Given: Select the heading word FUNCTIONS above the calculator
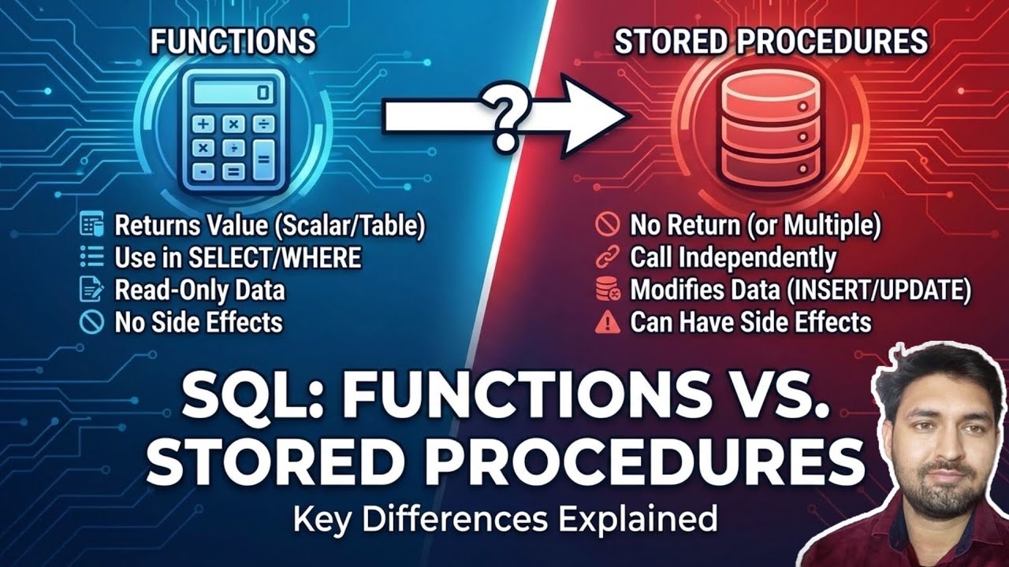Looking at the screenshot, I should coord(233,41).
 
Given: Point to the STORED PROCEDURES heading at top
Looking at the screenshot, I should coord(770,41).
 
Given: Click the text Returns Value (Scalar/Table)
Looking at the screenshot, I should coord(270,226).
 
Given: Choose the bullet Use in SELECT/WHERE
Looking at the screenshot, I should coord(237,258).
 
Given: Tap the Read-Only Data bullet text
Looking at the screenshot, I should coord(199,290).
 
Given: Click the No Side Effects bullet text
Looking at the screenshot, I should coord(198,322).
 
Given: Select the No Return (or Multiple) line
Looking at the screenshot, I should coord(754,226).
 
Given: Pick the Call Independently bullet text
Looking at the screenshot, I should coord(732,258).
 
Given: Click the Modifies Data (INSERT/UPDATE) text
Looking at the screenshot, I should coord(800,290).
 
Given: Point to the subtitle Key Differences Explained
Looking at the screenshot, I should coord(504,520).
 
